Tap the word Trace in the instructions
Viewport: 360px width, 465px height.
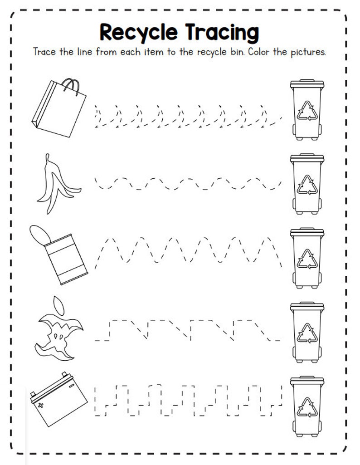click(x=45, y=52)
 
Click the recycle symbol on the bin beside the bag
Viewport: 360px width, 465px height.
click(x=307, y=111)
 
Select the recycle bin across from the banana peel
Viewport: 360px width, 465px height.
click(x=307, y=183)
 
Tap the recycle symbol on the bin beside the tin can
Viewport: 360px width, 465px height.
click(x=307, y=259)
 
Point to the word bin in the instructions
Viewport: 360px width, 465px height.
click(x=240, y=52)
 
